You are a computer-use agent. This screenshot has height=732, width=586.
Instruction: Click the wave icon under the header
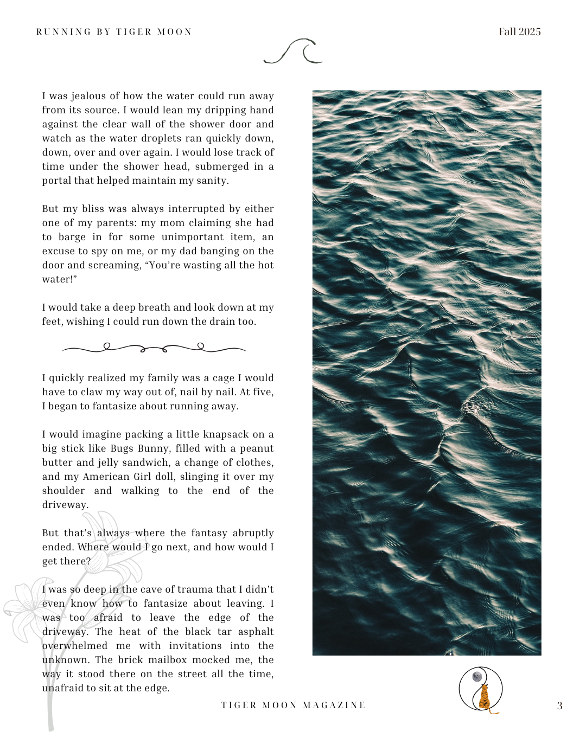pyautogui.click(x=293, y=52)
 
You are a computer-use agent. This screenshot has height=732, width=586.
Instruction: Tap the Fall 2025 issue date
pyautogui.click(x=519, y=31)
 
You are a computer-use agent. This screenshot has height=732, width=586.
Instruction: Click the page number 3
pyautogui.click(x=559, y=705)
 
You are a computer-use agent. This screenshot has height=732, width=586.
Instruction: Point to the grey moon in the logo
pyautogui.click(x=477, y=676)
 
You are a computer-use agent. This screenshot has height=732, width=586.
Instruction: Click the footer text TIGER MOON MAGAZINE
pyautogui.click(x=293, y=705)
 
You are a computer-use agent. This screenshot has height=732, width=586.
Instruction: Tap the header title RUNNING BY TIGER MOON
pyautogui.click(x=114, y=31)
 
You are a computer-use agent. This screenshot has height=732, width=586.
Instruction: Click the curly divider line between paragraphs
pyautogui.click(x=154, y=348)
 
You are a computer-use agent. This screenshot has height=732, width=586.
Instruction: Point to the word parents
pyautogui.click(x=116, y=223)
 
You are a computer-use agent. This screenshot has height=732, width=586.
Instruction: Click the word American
pyautogui.click(x=105, y=477)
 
